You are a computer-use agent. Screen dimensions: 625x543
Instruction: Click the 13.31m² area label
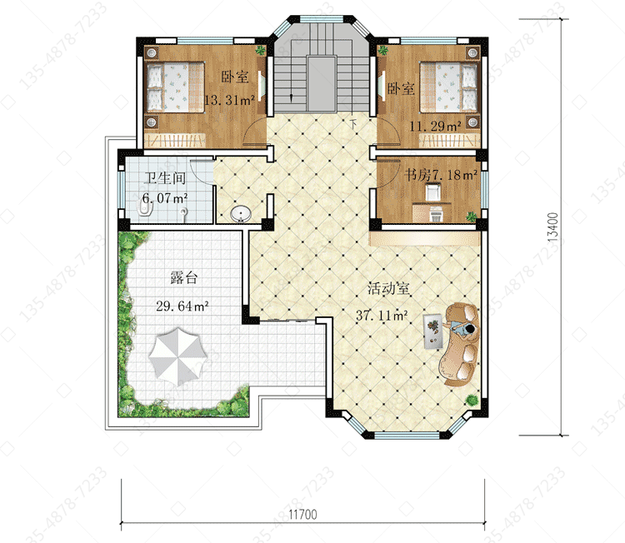[x=229, y=101]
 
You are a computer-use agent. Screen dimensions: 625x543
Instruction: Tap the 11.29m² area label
[x=435, y=127]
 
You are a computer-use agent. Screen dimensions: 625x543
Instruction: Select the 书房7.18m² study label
[x=441, y=175]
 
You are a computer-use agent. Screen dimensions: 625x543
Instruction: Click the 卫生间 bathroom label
[x=165, y=177]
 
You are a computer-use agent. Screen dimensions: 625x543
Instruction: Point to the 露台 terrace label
[x=184, y=277]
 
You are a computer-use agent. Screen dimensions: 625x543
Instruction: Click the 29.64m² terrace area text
[x=182, y=306]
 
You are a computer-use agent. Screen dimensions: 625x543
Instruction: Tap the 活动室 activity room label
[x=388, y=288]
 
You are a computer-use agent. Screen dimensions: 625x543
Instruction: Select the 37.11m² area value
[x=382, y=316]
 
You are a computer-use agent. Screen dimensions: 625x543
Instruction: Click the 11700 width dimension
[x=303, y=515]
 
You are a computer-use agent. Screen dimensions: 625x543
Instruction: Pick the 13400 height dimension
[x=552, y=227]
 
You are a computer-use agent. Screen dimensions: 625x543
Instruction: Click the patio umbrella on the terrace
[x=177, y=353]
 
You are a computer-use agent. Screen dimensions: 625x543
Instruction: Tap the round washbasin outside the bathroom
[x=241, y=214]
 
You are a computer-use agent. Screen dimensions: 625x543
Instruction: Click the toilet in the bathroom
[x=144, y=207]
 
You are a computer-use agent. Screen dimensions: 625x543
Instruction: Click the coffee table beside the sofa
[x=432, y=331]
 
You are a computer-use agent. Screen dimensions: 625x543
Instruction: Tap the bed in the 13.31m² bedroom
[x=175, y=87]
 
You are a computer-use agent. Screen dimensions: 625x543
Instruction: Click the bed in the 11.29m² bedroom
[x=448, y=87]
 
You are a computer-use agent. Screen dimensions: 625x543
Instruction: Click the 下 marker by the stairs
[x=353, y=123]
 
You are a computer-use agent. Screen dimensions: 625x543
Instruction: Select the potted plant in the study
[x=471, y=217]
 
